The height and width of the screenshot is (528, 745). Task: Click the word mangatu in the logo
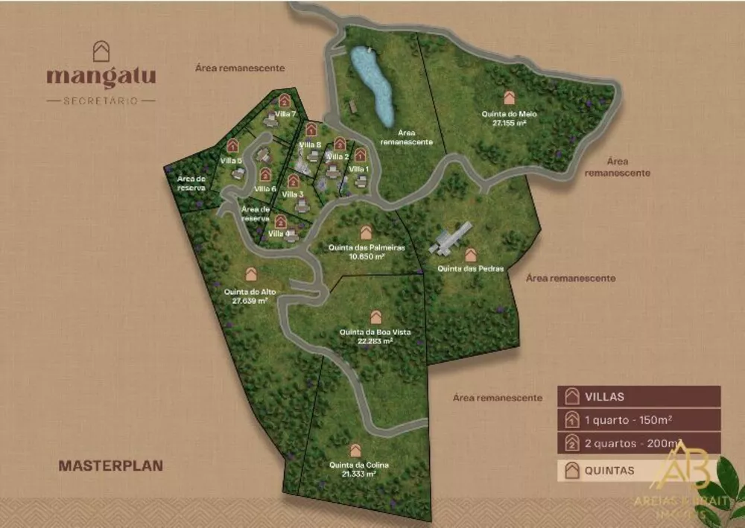click(101, 77)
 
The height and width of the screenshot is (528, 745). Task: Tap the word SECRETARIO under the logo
click(101, 100)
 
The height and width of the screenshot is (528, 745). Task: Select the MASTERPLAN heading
click(110, 465)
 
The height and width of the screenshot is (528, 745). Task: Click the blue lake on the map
click(372, 84)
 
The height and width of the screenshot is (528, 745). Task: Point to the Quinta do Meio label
click(510, 114)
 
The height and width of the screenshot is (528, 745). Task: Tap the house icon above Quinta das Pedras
click(471, 255)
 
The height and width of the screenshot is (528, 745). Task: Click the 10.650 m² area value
click(366, 256)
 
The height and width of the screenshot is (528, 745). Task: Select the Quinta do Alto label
click(250, 292)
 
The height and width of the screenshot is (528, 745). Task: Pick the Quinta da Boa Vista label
click(375, 331)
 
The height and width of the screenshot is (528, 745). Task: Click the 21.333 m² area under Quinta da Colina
click(359, 474)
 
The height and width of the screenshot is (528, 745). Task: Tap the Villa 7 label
click(285, 114)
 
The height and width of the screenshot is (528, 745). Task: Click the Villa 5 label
click(231, 161)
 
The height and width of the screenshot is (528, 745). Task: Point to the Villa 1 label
click(359, 169)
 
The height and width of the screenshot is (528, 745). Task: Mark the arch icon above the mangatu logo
click(101, 51)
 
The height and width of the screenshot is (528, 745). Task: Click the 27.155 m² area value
click(510, 123)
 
